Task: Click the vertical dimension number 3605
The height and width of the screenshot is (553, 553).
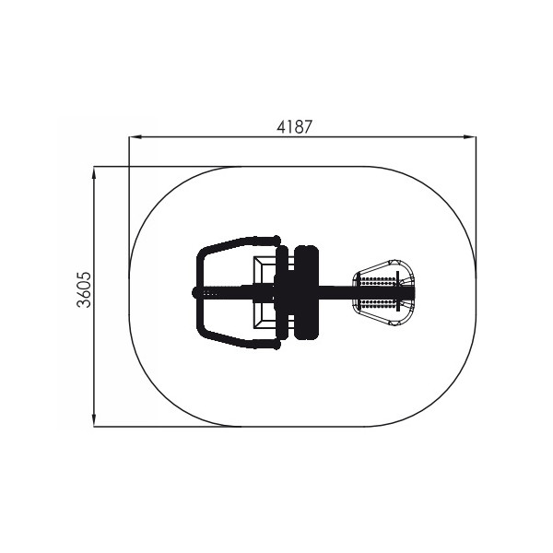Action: (x=84, y=289)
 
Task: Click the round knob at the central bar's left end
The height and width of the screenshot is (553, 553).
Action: (x=196, y=293)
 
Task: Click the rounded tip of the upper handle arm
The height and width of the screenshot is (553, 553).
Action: (x=274, y=239)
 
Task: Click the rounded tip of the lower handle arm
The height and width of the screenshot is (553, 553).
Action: (x=274, y=347)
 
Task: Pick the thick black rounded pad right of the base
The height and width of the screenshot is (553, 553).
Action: (x=305, y=292)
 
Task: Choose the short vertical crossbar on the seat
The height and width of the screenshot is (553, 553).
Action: (x=399, y=292)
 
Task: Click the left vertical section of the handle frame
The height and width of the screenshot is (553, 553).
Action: (x=197, y=293)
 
